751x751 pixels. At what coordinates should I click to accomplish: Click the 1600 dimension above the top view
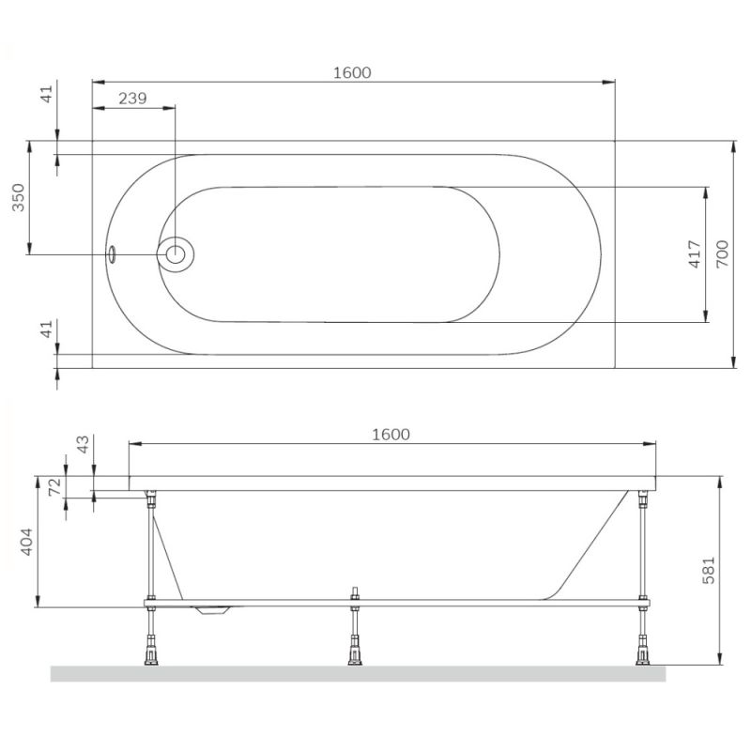[x=353, y=71]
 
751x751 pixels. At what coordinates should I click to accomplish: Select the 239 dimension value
[x=132, y=98]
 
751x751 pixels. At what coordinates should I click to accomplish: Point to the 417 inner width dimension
[x=694, y=254]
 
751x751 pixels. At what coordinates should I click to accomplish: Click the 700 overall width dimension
[x=720, y=254]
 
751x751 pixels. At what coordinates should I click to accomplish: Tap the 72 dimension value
[x=54, y=489]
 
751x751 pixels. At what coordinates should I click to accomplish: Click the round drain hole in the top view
[x=175, y=253]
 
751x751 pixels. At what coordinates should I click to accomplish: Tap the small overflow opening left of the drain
[x=112, y=254]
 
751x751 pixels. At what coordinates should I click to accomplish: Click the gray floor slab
[x=357, y=673]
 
